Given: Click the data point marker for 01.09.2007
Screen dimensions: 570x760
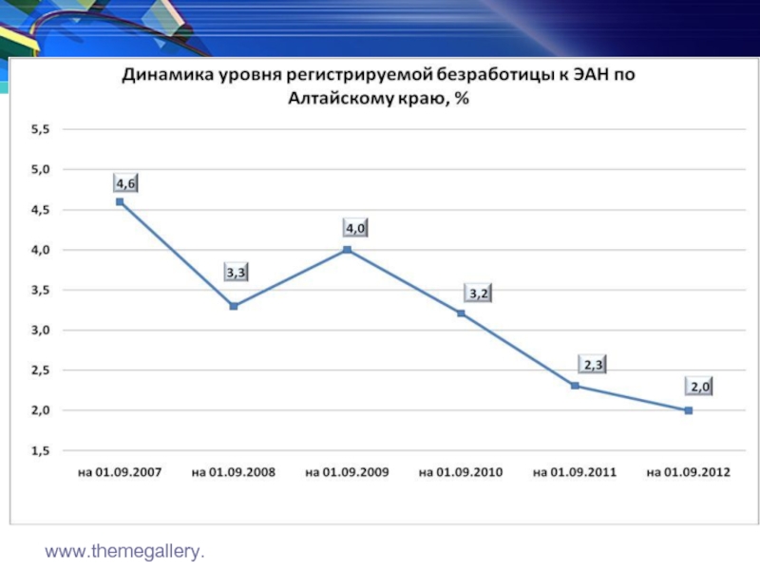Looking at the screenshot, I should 120,201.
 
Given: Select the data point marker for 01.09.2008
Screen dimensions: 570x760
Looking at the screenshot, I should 234,306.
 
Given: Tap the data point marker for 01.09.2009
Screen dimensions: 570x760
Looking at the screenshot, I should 348,250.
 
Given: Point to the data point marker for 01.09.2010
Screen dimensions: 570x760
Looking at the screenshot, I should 462,313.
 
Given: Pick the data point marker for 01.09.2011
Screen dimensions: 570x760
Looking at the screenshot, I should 576,386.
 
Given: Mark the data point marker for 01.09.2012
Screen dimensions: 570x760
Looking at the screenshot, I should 689,410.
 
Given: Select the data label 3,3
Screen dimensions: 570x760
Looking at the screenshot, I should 236,273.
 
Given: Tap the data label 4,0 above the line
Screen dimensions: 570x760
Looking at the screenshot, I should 355,229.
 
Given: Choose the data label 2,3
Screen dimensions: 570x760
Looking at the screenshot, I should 593,364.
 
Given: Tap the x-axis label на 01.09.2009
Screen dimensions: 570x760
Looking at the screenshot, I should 347,471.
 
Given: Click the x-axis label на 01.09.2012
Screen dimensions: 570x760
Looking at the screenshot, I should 689,471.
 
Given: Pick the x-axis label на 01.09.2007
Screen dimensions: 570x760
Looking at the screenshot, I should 120,471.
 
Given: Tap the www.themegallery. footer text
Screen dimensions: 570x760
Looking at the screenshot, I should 130,550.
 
